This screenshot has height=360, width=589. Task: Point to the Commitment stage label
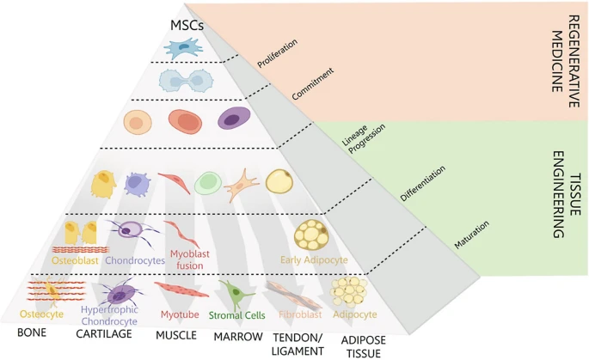click(311, 85)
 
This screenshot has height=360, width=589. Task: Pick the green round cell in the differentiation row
click(207, 182)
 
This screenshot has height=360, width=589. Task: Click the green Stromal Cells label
click(237, 314)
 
